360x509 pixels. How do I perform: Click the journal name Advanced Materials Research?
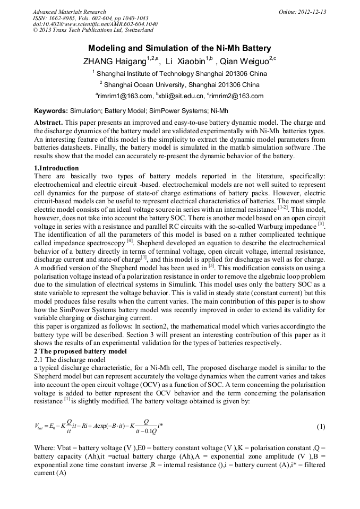[69, 12]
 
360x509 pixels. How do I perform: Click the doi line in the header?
[95, 24]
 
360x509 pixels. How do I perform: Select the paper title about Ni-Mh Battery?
[179, 48]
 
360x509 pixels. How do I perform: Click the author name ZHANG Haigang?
[114, 61]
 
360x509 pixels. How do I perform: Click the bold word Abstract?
[48, 122]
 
